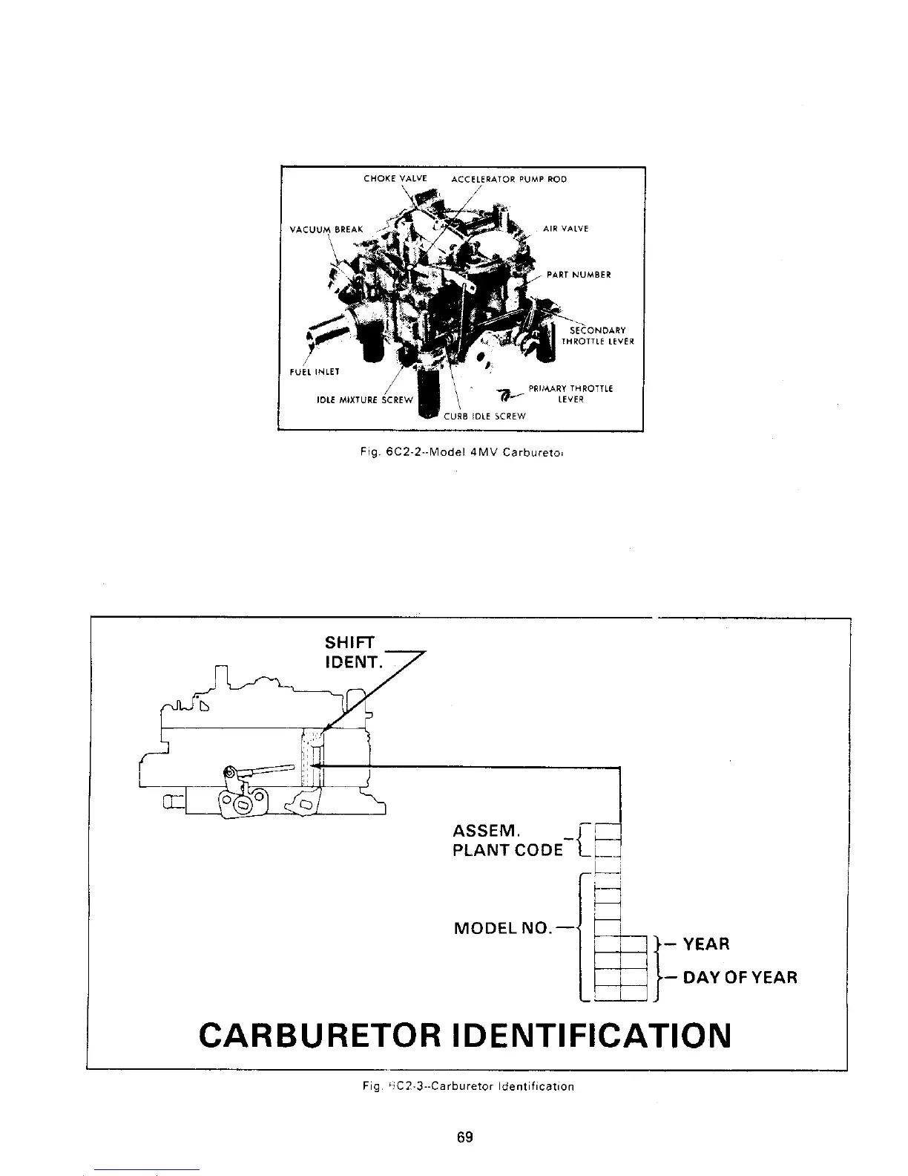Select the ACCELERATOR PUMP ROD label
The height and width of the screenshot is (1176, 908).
coord(509,179)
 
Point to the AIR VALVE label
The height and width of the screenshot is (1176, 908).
coord(565,229)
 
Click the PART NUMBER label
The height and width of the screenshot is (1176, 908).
coord(579,275)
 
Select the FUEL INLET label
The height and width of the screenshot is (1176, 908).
coord(315,372)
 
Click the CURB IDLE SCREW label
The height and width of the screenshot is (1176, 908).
coord(484,416)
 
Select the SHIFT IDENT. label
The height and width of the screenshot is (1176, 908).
coord(352,652)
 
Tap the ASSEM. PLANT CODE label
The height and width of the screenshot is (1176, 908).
coord(507,839)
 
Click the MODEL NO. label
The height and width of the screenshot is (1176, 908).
coord(502,928)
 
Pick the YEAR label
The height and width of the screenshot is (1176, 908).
coord(705,944)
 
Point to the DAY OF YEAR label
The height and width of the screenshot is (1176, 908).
coord(740,977)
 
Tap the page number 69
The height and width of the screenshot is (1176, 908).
coord(465,1137)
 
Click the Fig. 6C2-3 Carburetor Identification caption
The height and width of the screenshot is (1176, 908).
coord(464,1086)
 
